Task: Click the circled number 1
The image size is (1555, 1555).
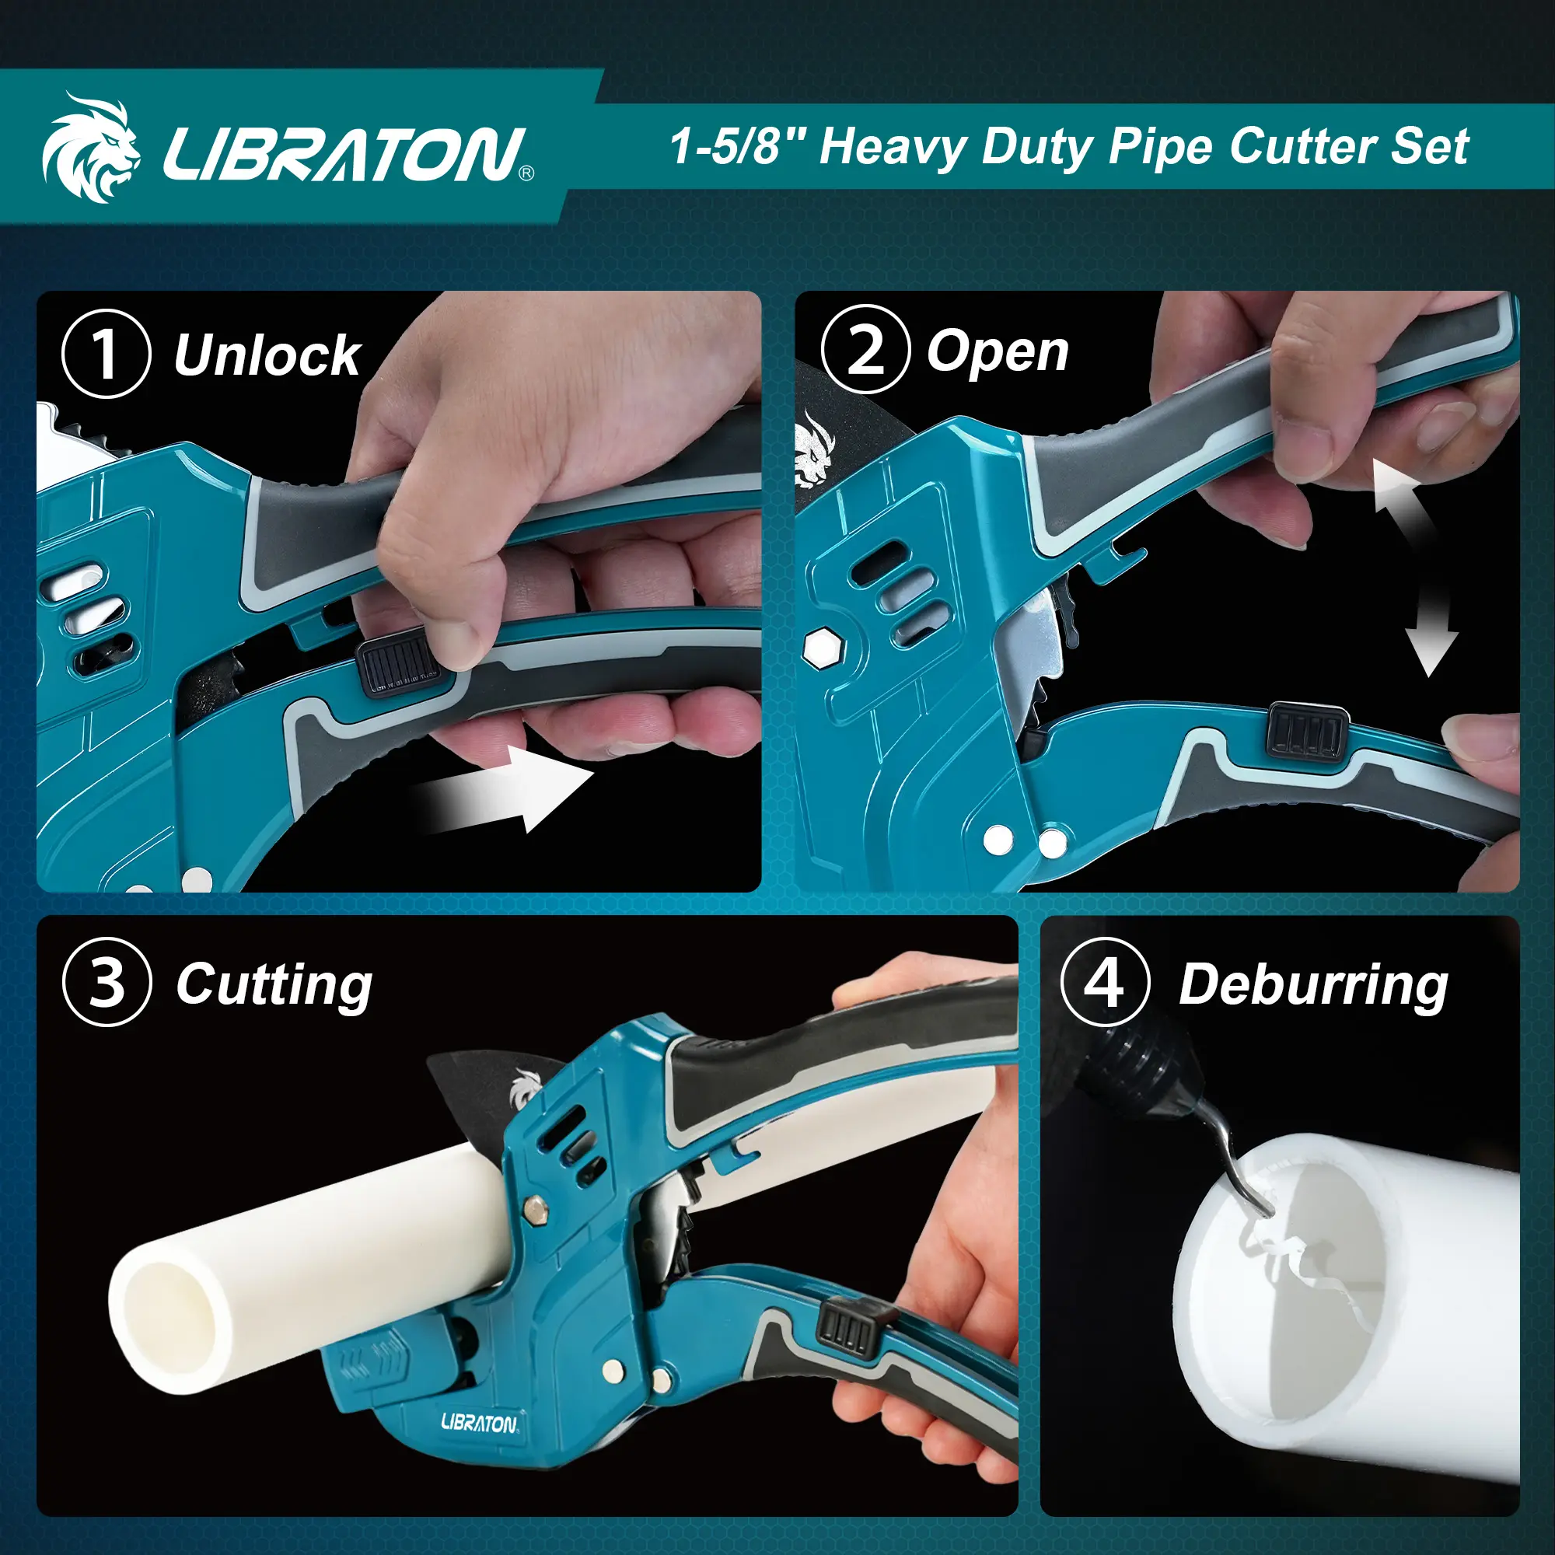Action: tap(107, 354)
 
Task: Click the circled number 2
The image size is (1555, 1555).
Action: tap(865, 350)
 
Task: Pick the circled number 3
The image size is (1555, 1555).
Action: tap(107, 982)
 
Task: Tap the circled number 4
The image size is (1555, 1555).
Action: tap(1105, 982)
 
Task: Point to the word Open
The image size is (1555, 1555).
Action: tap(998, 352)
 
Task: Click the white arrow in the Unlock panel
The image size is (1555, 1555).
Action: tap(503, 788)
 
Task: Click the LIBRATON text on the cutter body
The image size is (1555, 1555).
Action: tap(480, 1422)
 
